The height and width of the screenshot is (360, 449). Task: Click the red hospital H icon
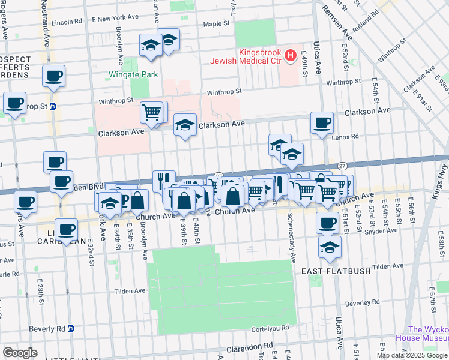[x=291, y=56]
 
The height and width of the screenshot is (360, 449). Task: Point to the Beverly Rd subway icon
[x=71, y=328]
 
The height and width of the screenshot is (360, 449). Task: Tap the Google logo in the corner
[x=20, y=353]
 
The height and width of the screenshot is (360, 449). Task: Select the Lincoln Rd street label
[x=67, y=22]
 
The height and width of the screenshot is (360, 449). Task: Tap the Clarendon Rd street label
[x=251, y=347]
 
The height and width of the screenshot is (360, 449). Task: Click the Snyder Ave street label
[x=385, y=230]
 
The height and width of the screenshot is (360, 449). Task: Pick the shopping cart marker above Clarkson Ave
[x=152, y=112]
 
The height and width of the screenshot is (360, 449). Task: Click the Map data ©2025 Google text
[x=412, y=355]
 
